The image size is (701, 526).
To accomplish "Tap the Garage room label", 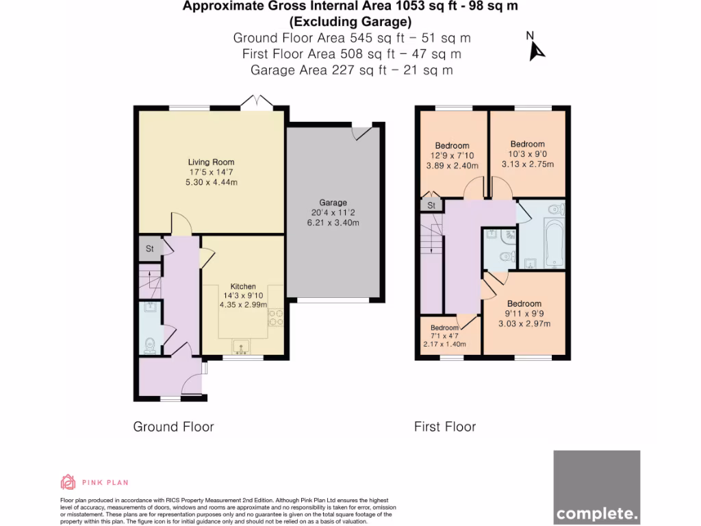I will tap(333, 203).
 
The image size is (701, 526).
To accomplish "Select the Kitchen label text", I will tap(243, 286).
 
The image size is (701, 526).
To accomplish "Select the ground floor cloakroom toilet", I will tap(150, 343).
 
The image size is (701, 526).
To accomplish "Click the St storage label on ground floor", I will tap(149, 249).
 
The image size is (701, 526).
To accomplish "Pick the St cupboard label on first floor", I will tap(431, 205).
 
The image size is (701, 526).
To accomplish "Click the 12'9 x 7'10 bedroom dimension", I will tap(453, 155).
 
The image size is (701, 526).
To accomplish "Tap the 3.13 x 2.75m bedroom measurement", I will tap(527, 164).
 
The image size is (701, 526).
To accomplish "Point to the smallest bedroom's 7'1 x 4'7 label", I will tap(445, 336).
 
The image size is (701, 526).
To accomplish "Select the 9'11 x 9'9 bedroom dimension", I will tap(524, 314).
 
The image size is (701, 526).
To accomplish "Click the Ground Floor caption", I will tap(173, 427).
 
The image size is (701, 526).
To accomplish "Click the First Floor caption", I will tap(445, 427).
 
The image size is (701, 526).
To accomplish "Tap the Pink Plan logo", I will tap(68, 482).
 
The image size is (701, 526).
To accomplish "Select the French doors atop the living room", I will tap(257, 103).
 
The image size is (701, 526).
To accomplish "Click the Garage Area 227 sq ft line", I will tap(351, 70).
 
